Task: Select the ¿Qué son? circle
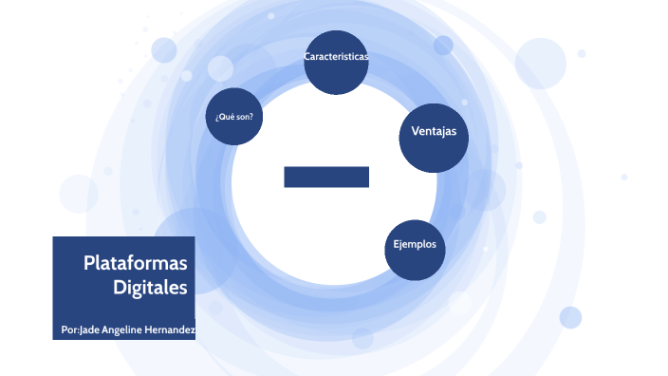pyautogui.click(x=234, y=118)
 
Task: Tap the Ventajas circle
pyautogui.click(x=434, y=138)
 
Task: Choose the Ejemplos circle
pyautogui.click(x=415, y=249)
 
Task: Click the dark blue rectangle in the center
pyautogui.click(x=325, y=177)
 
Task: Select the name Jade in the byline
pyautogui.click(x=88, y=329)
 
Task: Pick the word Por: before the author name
pyautogui.click(x=68, y=329)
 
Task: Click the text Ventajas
pyautogui.click(x=434, y=131)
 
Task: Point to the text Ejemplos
pyautogui.click(x=415, y=244)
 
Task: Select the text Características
pyautogui.click(x=336, y=57)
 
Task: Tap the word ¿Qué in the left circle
pyautogui.click(x=224, y=118)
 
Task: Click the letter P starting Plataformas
pyautogui.click(x=87, y=263)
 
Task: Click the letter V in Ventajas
pyautogui.click(x=415, y=131)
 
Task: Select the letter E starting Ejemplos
pyautogui.click(x=397, y=244)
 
